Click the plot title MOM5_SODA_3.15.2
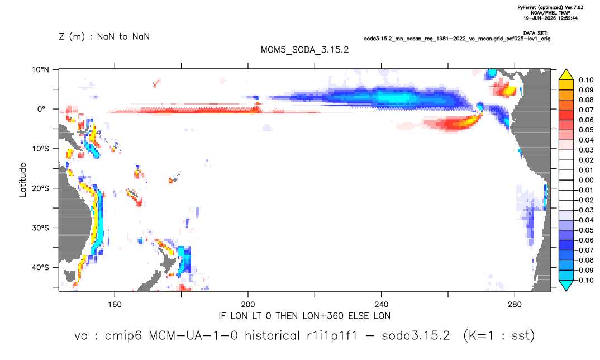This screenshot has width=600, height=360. (x=304, y=50)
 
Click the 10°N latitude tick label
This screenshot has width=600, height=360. (x=40, y=70)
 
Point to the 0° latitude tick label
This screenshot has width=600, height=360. (x=41, y=109)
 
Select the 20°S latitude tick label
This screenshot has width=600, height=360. (x=40, y=188)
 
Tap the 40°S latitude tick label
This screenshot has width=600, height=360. (x=40, y=267)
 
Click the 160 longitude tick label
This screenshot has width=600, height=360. (x=115, y=305)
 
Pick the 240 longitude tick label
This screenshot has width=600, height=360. (x=382, y=305)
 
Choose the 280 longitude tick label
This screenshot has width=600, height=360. (x=515, y=305)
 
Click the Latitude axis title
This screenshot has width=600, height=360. (x=23, y=180)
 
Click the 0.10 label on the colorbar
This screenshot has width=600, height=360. (x=586, y=80)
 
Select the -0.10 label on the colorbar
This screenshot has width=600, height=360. (x=584, y=280)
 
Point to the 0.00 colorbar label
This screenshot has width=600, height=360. (x=586, y=180)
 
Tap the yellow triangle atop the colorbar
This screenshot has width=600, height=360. (x=566, y=75)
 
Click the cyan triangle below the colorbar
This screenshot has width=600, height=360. (x=566, y=285)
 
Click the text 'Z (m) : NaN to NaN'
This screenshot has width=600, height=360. (x=104, y=37)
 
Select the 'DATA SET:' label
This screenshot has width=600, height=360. (x=535, y=34)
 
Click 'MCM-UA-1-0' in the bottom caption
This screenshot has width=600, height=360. (x=193, y=335)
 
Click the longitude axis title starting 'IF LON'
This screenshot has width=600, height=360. (x=304, y=316)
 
